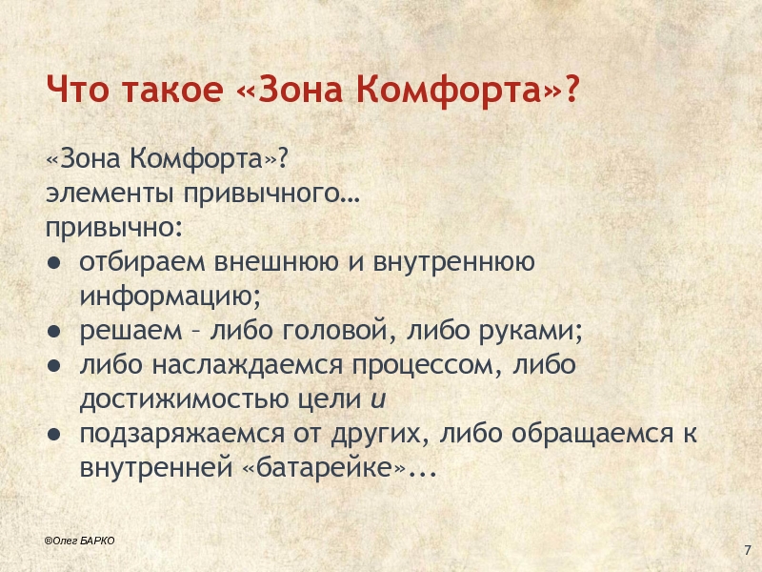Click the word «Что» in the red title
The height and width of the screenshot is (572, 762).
[x=77, y=89]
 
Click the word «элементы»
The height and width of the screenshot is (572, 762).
[x=110, y=194]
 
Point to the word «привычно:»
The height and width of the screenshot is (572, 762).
[x=114, y=228]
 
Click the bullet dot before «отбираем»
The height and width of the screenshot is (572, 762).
[x=53, y=263]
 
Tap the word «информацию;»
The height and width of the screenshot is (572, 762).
[x=170, y=296]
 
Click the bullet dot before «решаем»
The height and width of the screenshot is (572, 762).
[x=53, y=331]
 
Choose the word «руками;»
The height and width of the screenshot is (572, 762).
[x=531, y=331]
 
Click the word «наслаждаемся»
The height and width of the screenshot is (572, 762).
[x=248, y=366]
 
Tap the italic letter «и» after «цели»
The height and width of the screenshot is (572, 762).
[x=377, y=399]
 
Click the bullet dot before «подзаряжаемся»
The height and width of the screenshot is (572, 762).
[x=53, y=434]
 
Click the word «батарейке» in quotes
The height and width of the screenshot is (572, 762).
[x=324, y=468]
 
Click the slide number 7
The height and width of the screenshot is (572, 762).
[x=748, y=551]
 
